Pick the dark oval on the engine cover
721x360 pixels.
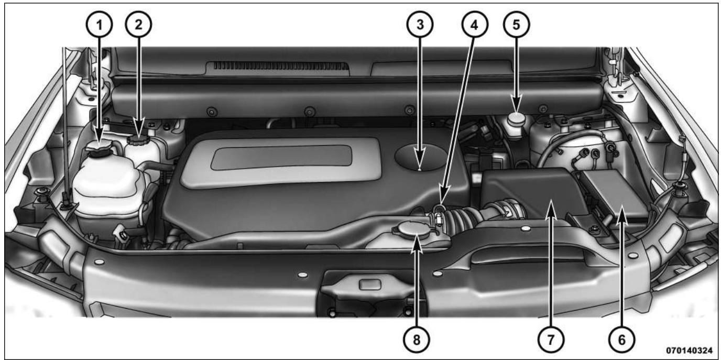coord(420,156)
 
